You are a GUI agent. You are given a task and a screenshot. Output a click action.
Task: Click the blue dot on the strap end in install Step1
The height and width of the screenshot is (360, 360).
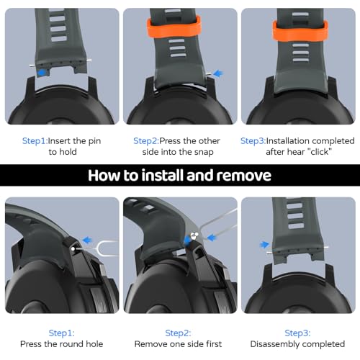42,73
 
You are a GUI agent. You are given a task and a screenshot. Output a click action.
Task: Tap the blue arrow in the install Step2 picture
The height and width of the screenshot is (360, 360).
218,73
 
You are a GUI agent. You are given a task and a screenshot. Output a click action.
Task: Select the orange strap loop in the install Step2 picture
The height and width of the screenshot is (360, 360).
174,27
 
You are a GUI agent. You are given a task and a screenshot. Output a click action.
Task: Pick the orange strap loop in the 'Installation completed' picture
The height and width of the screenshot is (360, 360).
300,31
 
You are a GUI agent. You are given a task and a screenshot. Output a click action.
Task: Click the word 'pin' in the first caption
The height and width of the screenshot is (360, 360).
94,141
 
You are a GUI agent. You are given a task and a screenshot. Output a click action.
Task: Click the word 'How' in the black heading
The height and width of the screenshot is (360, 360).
104,176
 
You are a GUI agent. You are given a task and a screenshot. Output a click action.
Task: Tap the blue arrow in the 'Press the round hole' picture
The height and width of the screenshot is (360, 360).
87,240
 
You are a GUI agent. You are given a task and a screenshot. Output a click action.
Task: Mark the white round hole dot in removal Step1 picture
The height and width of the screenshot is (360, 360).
73,249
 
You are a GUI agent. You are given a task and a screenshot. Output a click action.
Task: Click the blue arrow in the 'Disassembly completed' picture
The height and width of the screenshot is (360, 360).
264,245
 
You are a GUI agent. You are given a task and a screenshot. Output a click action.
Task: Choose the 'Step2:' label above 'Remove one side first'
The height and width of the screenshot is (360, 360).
178,333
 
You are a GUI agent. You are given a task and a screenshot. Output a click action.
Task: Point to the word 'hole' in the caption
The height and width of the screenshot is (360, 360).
94,344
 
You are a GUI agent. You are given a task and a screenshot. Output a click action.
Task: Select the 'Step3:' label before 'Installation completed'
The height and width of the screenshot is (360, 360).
253,141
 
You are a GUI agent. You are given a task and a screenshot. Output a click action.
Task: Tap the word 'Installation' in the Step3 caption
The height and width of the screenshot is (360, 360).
287,140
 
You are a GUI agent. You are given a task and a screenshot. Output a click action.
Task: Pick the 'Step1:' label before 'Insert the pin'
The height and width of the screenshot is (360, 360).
35,141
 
